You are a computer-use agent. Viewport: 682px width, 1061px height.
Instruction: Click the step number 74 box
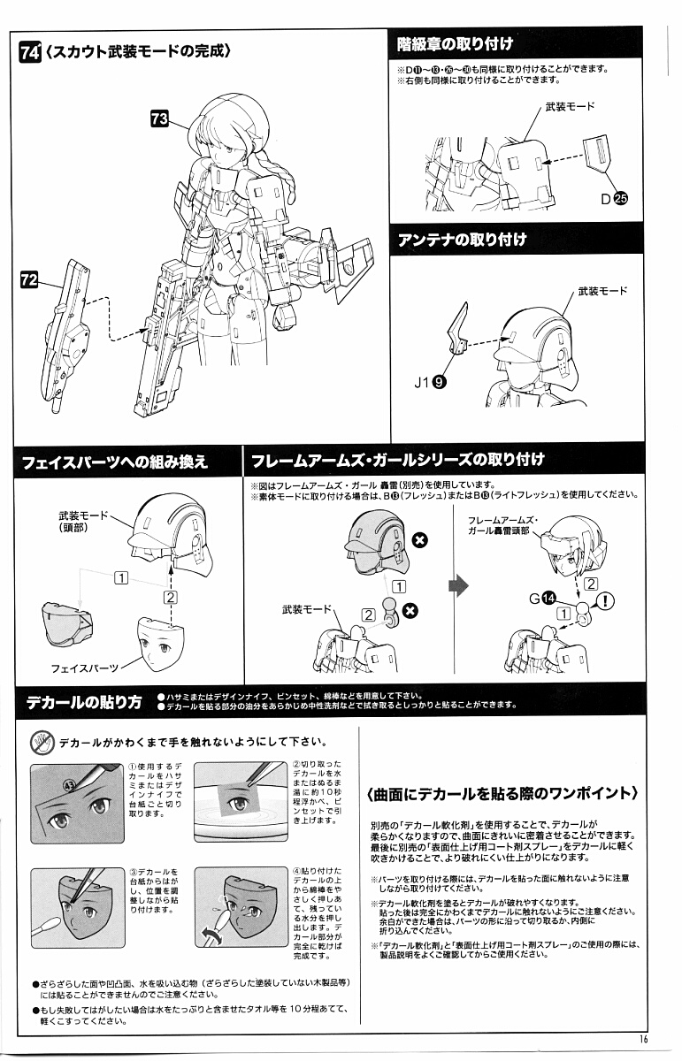[x=29, y=52]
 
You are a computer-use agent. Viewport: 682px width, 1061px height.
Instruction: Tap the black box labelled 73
[x=160, y=119]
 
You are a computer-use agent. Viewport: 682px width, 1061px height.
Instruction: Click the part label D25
[x=614, y=199]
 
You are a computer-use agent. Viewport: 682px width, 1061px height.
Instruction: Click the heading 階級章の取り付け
[x=456, y=43]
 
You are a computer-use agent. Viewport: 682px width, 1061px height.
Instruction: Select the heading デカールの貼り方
[x=83, y=703]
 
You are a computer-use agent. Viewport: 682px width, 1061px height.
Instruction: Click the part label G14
[x=542, y=599]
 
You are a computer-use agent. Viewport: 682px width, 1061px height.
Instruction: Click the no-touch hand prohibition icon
[x=42, y=741]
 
